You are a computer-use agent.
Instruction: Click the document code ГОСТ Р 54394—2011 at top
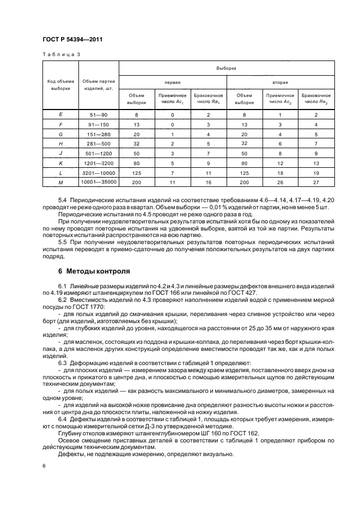[x=72, y=40]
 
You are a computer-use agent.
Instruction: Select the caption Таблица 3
[x=61, y=54]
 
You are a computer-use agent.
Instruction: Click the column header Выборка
[x=226, y=69]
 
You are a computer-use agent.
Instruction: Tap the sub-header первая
[x=172, y=82]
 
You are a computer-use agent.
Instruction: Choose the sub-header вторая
[x=280, y=82]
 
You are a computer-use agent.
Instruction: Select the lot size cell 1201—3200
[x=99, y=162]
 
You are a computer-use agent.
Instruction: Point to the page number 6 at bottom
[x=44, y=466]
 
